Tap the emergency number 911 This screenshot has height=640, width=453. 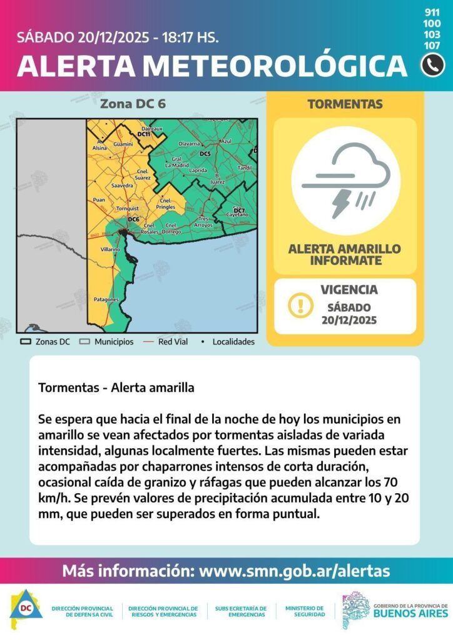pos(432,12)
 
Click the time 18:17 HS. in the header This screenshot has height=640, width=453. pos(190,36)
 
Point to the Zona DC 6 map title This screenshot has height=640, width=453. pos(133,104)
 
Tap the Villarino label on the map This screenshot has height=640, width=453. pos(110,249)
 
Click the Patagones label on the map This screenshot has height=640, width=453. pos(106,299)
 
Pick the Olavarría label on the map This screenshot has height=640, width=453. pos(189,144)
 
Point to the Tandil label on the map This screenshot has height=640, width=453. pos(245,168)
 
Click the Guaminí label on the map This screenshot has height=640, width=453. pos(123,144)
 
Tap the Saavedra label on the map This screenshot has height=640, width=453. pos(121,186)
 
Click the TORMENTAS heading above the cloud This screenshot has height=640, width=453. pos(345,104)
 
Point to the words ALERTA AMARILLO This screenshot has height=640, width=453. pos(344,249)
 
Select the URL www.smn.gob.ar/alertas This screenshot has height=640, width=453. pos(293,571)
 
